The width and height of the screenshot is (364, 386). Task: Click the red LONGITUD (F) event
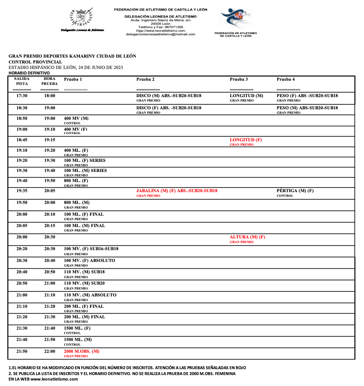246,140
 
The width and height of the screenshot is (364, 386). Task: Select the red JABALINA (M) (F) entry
177,191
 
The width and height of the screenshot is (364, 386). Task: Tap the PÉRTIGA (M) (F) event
295,191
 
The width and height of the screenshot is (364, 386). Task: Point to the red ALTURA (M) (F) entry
248,237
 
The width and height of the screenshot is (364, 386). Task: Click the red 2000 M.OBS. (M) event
82,351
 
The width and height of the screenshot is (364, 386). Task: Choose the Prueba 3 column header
239,79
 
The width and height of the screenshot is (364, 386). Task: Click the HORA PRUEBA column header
50,81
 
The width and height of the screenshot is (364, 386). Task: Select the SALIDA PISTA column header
22,81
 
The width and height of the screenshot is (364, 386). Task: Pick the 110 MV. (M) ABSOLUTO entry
90,295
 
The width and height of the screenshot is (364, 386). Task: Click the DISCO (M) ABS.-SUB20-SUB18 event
169,96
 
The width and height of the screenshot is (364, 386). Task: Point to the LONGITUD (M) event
246,96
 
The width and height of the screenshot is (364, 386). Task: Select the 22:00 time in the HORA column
50,351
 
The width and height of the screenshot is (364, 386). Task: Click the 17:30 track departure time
22,96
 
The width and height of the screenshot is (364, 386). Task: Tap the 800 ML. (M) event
76,203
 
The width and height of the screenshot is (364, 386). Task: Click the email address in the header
161,34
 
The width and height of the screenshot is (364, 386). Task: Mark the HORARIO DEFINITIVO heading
29,73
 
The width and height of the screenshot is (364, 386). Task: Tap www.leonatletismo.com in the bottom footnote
54,379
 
